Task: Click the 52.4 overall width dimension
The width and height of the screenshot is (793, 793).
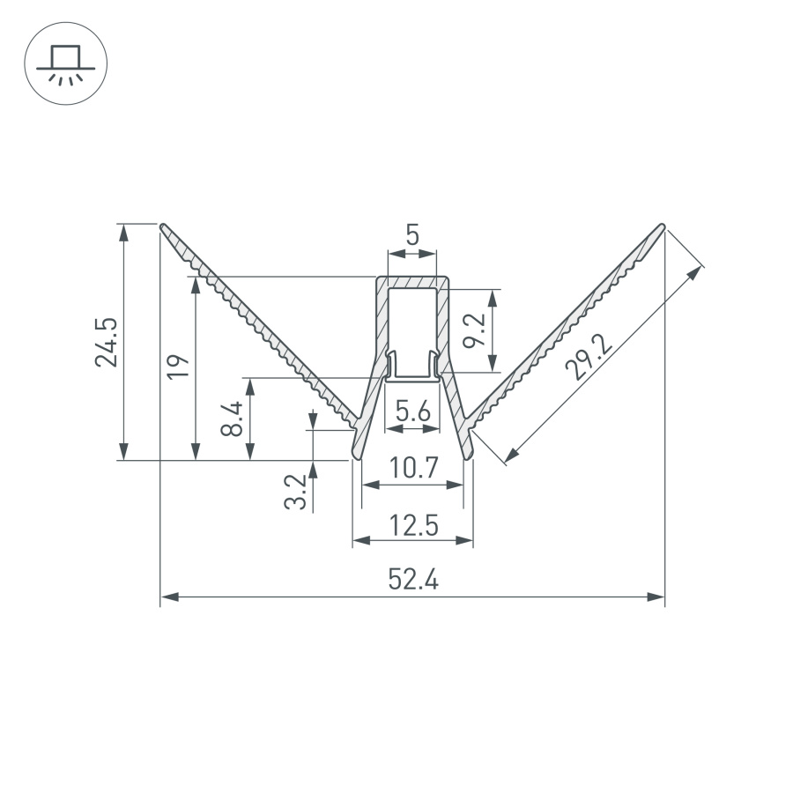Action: click(x=412, y=580)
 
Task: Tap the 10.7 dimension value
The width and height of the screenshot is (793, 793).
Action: click(x=413, y=469)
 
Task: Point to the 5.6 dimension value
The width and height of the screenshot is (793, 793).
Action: click(x=412, y=411)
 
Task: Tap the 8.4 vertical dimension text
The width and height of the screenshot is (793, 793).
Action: click(x=231, y=419)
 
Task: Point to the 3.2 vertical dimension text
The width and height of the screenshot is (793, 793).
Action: click(x=297, y=492)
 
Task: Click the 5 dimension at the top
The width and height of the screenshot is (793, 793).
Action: click(x=412, y=235)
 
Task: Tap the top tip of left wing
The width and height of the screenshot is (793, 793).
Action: click(x=163, y=226)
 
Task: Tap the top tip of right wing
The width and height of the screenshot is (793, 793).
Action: click(x=662, y=226)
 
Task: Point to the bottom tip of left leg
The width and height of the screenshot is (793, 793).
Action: click(x=358, y=456)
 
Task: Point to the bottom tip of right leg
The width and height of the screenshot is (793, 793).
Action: click(x=468, y=456)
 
